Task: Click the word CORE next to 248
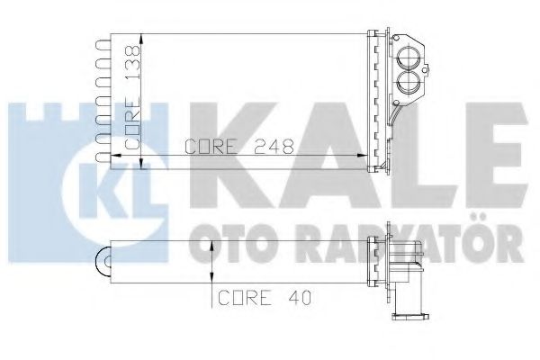[x=211, y=146]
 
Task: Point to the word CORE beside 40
[x=244, y=298]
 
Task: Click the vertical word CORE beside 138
[x=132, y=123]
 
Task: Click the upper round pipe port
[x=408, y=57]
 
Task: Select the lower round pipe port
[x=408, y=83]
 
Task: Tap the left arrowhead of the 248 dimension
[x=116, y=156]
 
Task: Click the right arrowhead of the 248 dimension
[x=362, y=156]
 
